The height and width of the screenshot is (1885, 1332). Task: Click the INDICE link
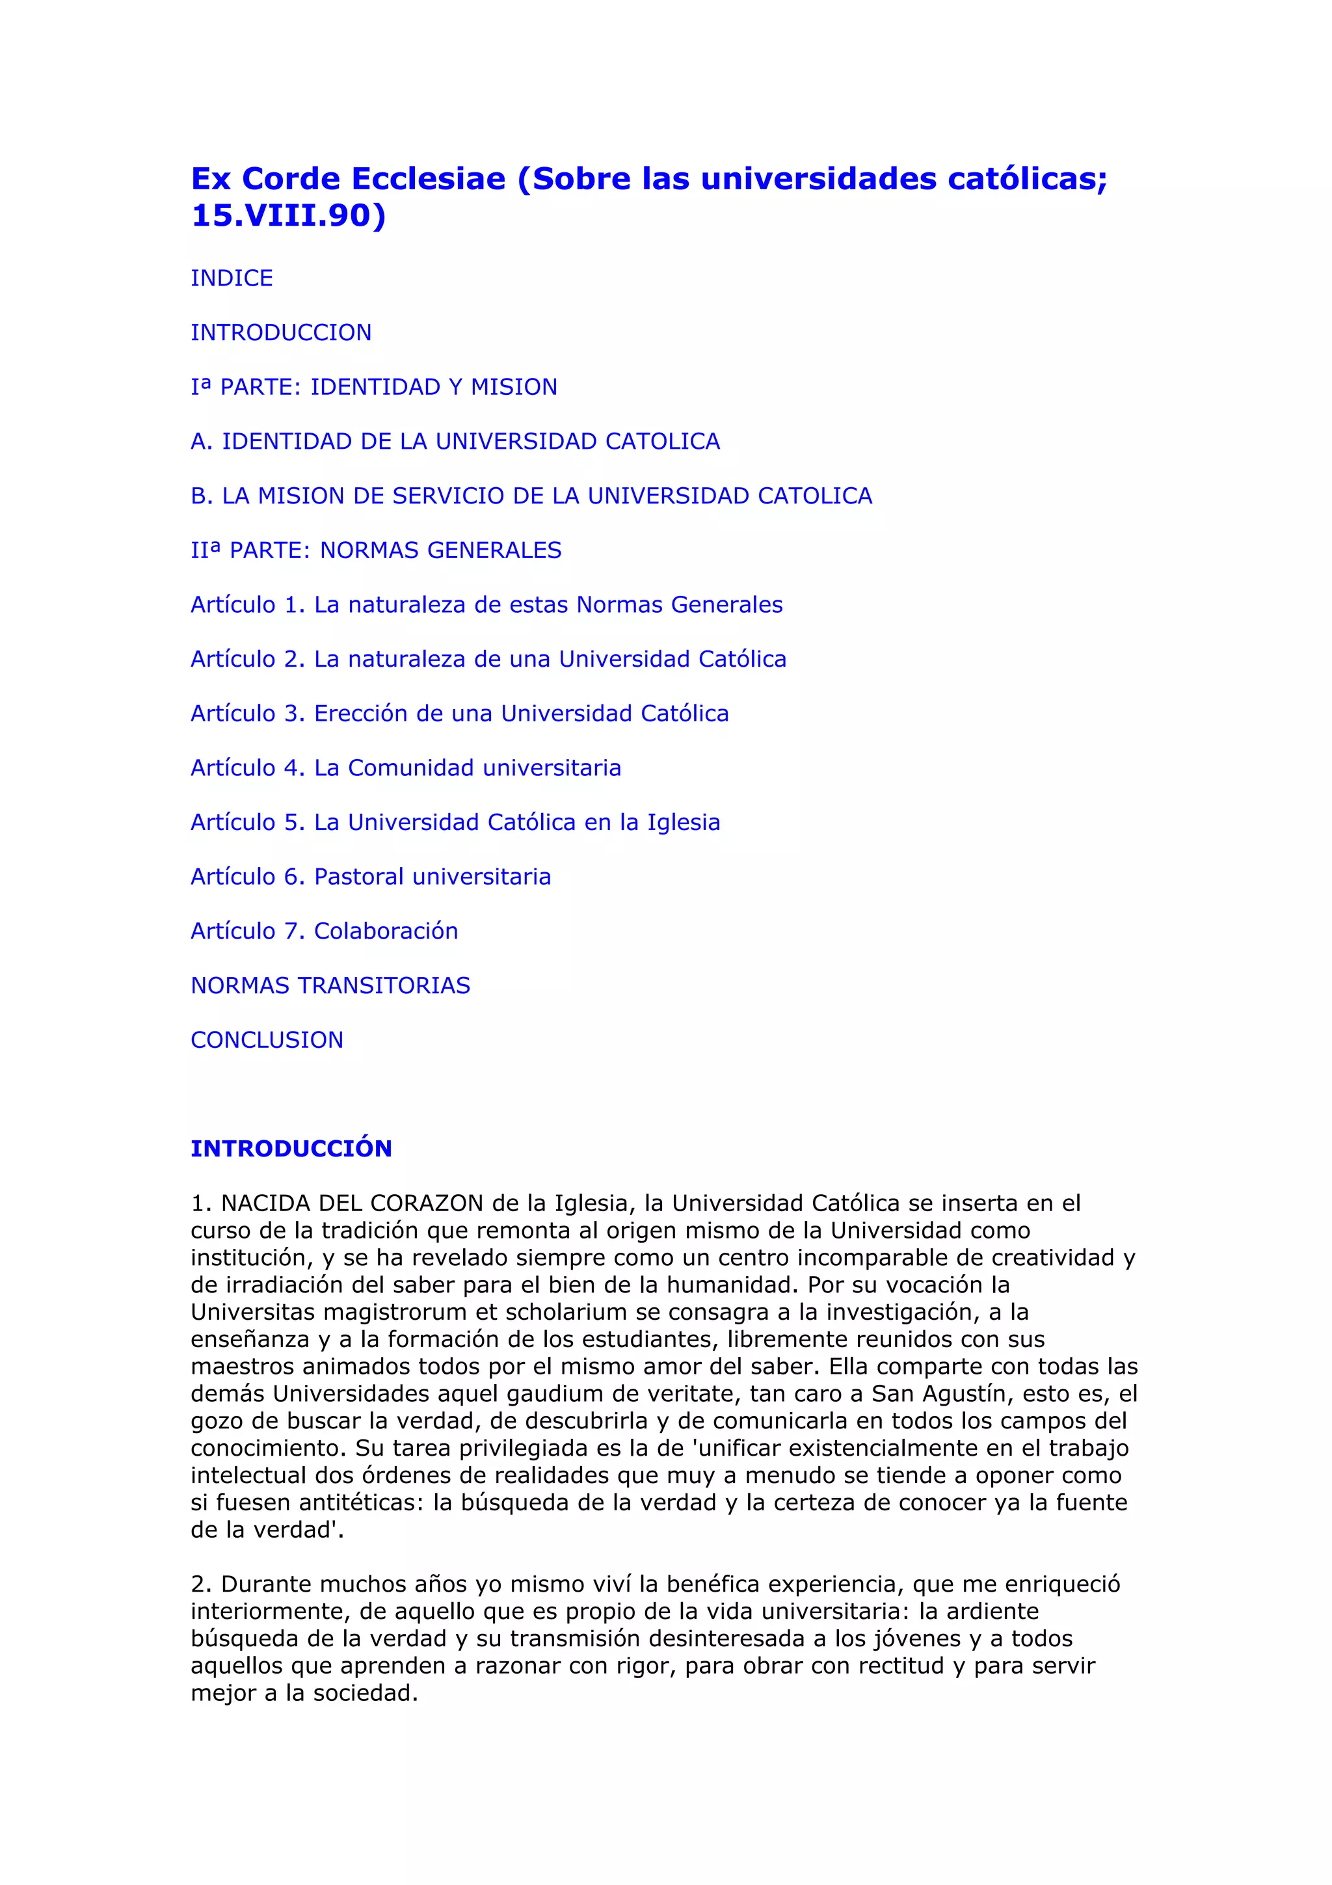point(232,278)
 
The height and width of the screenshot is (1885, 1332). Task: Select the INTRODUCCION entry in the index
point(281,332)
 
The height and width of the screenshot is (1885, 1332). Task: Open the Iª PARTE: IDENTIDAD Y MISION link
point(373,386)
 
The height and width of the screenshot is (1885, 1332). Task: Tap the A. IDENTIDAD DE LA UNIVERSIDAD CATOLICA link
point(455,442)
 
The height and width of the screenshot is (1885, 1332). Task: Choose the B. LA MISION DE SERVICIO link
point(531,496)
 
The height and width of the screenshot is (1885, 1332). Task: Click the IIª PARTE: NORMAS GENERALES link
point(376,550)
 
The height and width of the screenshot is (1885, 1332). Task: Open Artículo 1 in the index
point(486,605)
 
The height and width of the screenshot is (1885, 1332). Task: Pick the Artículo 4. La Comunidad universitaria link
point(405,768)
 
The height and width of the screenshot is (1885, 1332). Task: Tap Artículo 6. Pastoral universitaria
point(370,877)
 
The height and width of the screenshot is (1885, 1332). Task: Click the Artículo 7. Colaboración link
point(324,931)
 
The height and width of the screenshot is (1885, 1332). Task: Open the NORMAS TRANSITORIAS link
point(330,985)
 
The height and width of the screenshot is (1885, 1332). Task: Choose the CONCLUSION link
point(267,1040)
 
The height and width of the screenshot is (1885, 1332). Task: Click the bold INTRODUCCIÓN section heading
point(291,1149)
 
